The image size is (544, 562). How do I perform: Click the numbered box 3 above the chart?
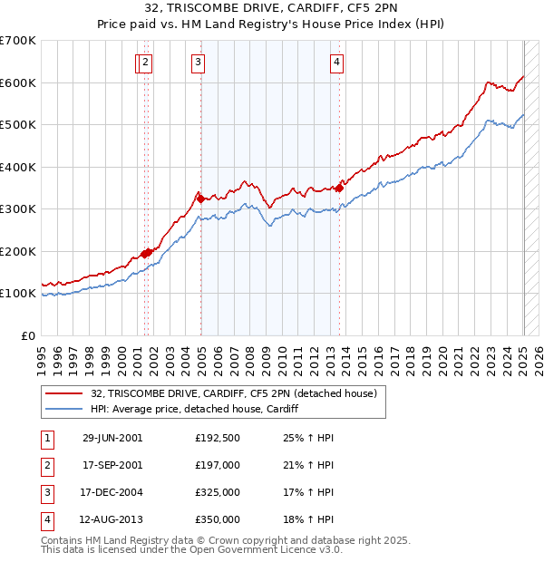pyautogui.click(x=198, y=63)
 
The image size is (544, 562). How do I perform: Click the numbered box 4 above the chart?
pyautogui.click(x=336, y=63)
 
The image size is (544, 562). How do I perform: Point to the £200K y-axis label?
pyautogui.click(x=18, y=251)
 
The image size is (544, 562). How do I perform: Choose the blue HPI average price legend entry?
pyautogui.click(x=194, y=409)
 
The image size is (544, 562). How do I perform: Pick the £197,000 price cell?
pyautogui.click(x=218, y=466)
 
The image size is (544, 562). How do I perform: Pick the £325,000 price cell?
pyautogui.click(x=218, y=493)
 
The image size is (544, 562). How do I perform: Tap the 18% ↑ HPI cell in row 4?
pyautogui.click(x=308, y=520)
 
